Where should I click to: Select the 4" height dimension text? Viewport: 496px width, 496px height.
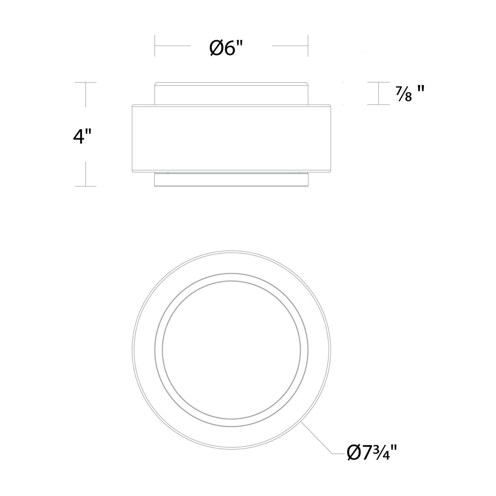coord(82,137)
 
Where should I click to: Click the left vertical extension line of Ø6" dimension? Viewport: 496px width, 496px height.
coord(155,46)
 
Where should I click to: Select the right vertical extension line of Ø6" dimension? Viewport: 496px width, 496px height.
coord(308,46)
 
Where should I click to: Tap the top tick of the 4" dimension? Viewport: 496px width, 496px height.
coord(85,82)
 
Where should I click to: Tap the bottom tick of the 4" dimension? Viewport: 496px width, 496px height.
coord(85,186)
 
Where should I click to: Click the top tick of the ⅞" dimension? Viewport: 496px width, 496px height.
coord(378,82)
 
